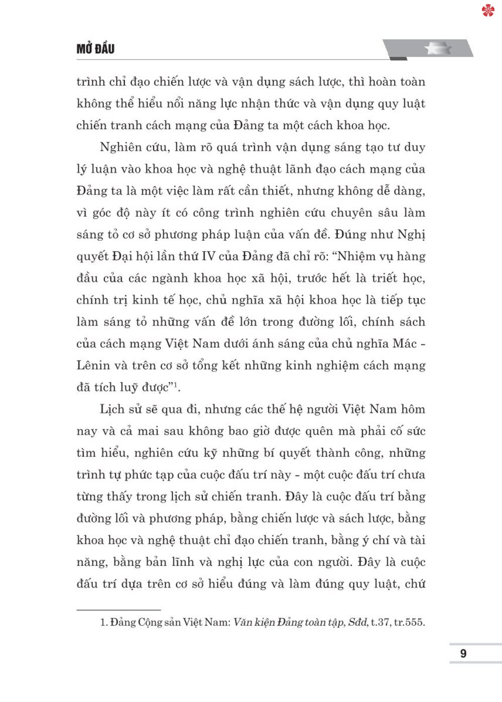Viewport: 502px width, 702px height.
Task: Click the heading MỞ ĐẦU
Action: (95, 49)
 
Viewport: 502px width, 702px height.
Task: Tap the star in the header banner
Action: (438, 49)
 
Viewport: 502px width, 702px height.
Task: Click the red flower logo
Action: (488, 10)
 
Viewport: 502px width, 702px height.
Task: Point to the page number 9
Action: (463, 653)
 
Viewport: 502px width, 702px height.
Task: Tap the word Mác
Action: (405, 344)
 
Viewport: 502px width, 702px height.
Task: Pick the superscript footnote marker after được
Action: (176, 385)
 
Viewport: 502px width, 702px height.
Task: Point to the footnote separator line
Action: (118, 610)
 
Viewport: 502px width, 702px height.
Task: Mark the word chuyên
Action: (351, 213)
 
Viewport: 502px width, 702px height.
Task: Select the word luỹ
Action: (129, 387)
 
